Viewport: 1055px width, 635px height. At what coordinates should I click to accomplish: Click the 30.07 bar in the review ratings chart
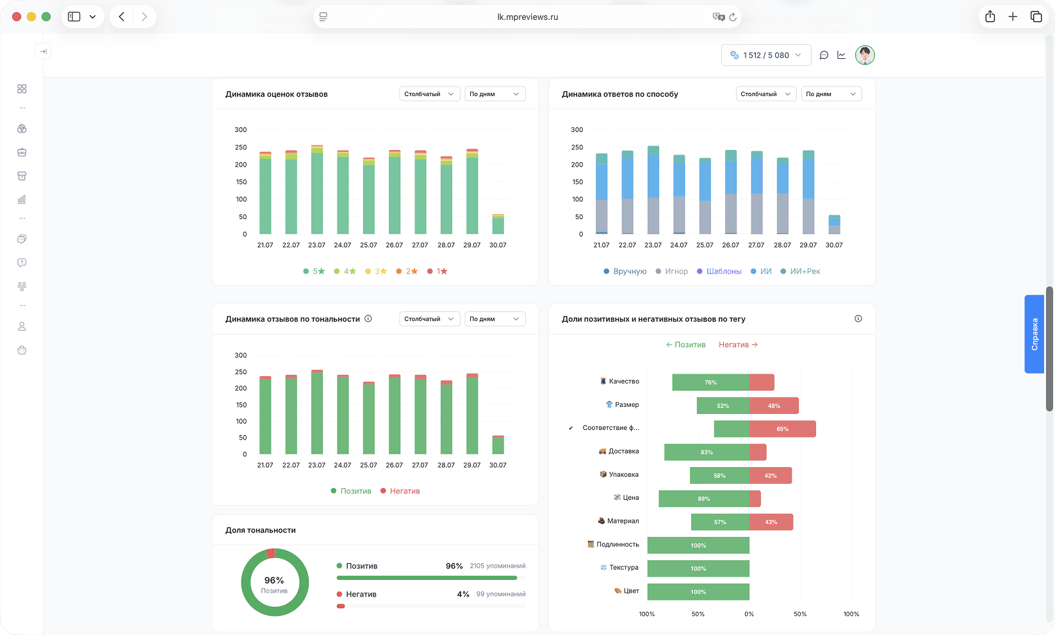[498, 224]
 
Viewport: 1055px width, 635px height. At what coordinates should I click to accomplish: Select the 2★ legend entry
[407, 271]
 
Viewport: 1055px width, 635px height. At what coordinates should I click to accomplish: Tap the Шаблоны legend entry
[719, 271]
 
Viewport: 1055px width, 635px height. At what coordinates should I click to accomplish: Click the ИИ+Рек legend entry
[800, 271]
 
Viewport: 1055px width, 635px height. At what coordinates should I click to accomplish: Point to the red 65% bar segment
[782, 429]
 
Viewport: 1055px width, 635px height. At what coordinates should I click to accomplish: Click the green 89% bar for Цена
[703, 499]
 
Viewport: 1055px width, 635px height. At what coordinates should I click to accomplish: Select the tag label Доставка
[618, 451]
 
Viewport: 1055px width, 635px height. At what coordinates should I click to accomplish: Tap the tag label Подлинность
[613, 544]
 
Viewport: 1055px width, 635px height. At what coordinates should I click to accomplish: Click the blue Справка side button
[1035, 334]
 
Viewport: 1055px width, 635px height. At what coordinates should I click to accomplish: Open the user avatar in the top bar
[865, 55]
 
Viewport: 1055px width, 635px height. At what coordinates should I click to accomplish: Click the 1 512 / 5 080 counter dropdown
[766, 55]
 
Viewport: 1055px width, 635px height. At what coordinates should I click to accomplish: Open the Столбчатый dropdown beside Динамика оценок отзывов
[429, 94]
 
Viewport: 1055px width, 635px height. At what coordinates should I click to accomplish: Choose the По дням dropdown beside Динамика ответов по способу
[831, 94]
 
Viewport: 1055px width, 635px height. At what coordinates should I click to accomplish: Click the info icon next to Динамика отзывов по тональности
[368, 319]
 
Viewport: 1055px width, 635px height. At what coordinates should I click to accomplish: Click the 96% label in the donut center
[274, 580]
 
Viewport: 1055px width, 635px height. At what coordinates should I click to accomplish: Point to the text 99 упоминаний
[501, 594]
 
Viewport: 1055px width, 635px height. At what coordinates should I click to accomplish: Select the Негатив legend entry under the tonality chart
[400, 491]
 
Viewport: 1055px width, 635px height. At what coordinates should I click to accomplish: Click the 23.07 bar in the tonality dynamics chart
[317, 412]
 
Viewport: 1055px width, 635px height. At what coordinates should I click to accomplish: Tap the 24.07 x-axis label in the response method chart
[679, 245]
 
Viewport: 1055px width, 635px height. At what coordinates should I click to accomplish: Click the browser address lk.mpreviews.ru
[528, 17]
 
